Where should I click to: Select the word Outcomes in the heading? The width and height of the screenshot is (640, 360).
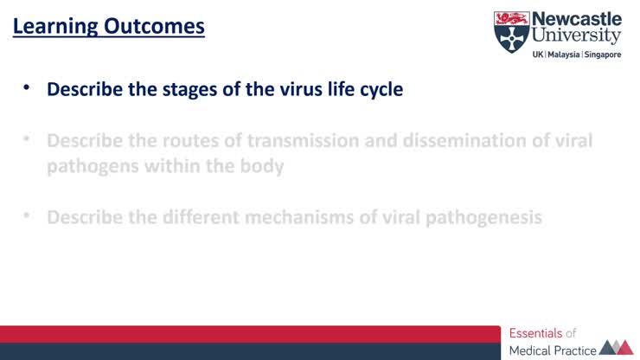click(154, 27)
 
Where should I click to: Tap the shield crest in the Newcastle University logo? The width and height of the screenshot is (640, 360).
click(510, 32)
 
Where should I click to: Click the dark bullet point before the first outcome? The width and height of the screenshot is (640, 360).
click(27, 88)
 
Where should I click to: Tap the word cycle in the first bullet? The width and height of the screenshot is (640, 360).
click(381, 89)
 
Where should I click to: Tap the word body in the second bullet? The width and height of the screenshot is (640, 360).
click(263, 165)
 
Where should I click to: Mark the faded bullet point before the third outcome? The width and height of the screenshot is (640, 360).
click(27, 215)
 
